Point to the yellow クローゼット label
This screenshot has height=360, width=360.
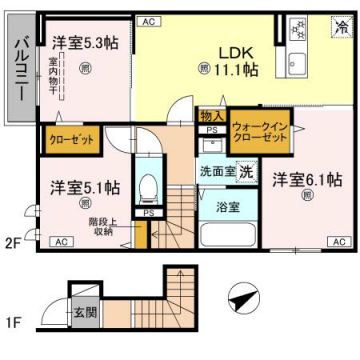71,138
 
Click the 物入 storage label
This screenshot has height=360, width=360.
211,117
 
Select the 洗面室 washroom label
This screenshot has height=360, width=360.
215,172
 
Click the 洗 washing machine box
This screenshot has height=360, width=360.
245,172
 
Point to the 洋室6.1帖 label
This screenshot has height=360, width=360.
307,180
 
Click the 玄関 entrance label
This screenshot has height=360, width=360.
85,312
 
